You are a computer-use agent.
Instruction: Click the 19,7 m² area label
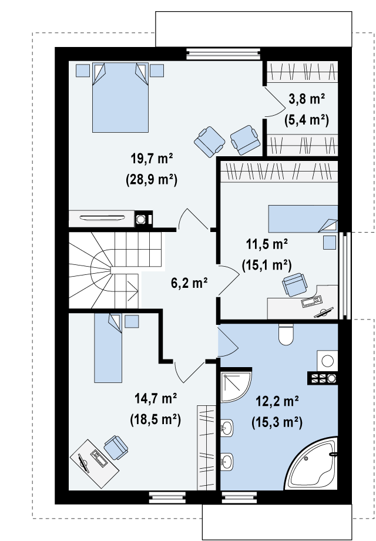point(152,159)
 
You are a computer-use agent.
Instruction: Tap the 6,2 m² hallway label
point(189,283)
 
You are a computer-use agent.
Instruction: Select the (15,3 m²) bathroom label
point(277,422)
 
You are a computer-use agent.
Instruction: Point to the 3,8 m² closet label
point(307,100)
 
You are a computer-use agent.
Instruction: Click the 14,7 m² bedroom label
point(156,399)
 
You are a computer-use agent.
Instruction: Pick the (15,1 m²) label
point(267,266)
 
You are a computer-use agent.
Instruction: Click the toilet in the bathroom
point(286,335)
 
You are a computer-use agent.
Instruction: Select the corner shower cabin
point(236,387)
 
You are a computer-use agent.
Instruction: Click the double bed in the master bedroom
point(120,98)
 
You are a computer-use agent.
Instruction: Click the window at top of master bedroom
point(223,55)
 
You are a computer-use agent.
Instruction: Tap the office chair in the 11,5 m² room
point(294,285)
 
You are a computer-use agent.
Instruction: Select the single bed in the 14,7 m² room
point(108,348)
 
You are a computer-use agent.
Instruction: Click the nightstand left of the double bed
point(82,70)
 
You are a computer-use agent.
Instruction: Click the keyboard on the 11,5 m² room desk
point(311,301)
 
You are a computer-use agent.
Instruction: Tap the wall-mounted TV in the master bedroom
point(102,218)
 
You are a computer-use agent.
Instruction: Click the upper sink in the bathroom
point(227,429)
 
